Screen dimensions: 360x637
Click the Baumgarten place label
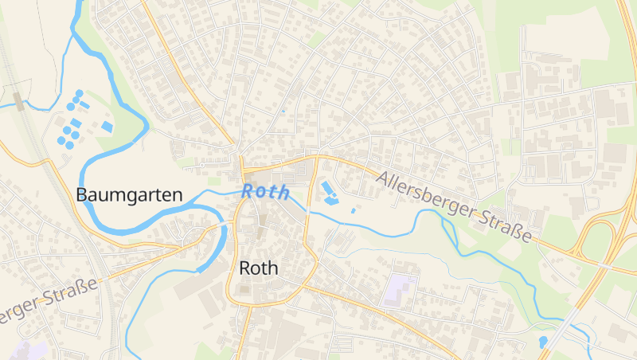129,194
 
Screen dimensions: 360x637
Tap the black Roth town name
259,268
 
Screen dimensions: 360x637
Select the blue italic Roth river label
266,192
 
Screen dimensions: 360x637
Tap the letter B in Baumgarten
82,194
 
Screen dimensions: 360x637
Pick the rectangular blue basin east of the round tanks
107,127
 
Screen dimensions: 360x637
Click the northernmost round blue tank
79,94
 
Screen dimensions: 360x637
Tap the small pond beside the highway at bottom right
543,341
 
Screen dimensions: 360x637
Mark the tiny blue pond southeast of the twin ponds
353,210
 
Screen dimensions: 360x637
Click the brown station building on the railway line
18,100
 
